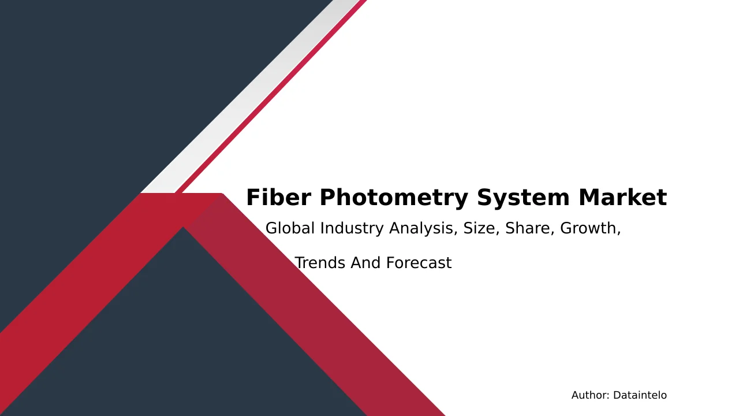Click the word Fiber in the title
[x=279, y=197]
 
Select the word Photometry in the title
[x=394, y=198]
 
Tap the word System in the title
[x=523, y=198]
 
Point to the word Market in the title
[x=622, y=197]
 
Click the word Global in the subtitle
[x=290, y=228]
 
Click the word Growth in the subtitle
[x=588, y=228]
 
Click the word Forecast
[x=419, y=263]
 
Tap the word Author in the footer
[x=591, y=395]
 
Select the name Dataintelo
[x=640, y=395]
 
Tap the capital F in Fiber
[x=253, y=198]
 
